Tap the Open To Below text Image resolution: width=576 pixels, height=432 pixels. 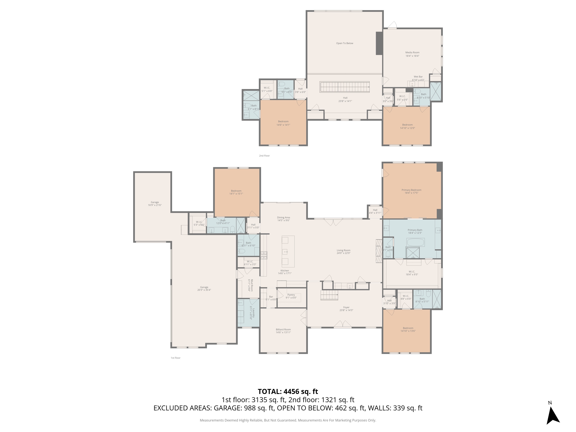(344, 43)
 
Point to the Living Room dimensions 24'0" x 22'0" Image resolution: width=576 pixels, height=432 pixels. (343, 253)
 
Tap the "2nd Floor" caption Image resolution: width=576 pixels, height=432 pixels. (264, 156)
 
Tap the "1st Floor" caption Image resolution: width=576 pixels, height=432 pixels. (176, 358)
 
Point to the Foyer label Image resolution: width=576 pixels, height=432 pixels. (346, 307)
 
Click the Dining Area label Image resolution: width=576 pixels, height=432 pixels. (283, 217)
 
